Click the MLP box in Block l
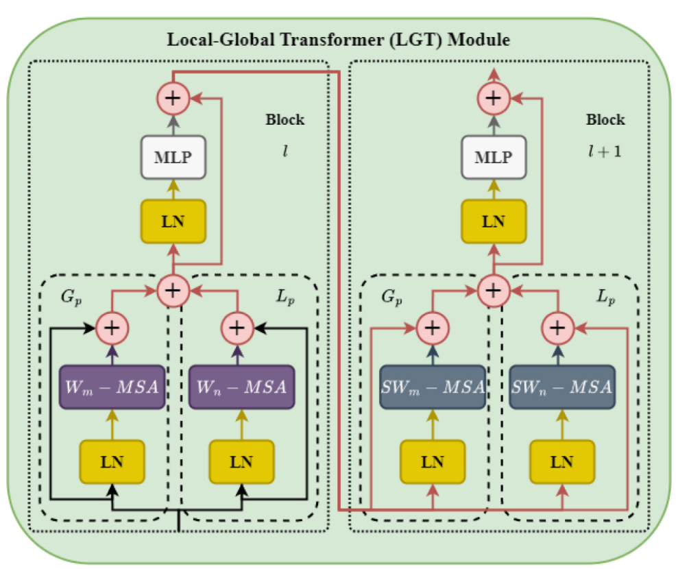click(x=173, y=157)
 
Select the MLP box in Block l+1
click(x=493, y=157)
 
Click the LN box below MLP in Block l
click(x=173, y=221)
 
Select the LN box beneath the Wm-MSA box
click(x=112, y=461)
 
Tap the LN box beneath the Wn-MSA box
click(x=241, y=461)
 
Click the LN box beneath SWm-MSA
click(x=433, y=461)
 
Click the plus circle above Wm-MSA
click(x=110, y=327)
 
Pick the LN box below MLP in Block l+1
click(x=493, y=221)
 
